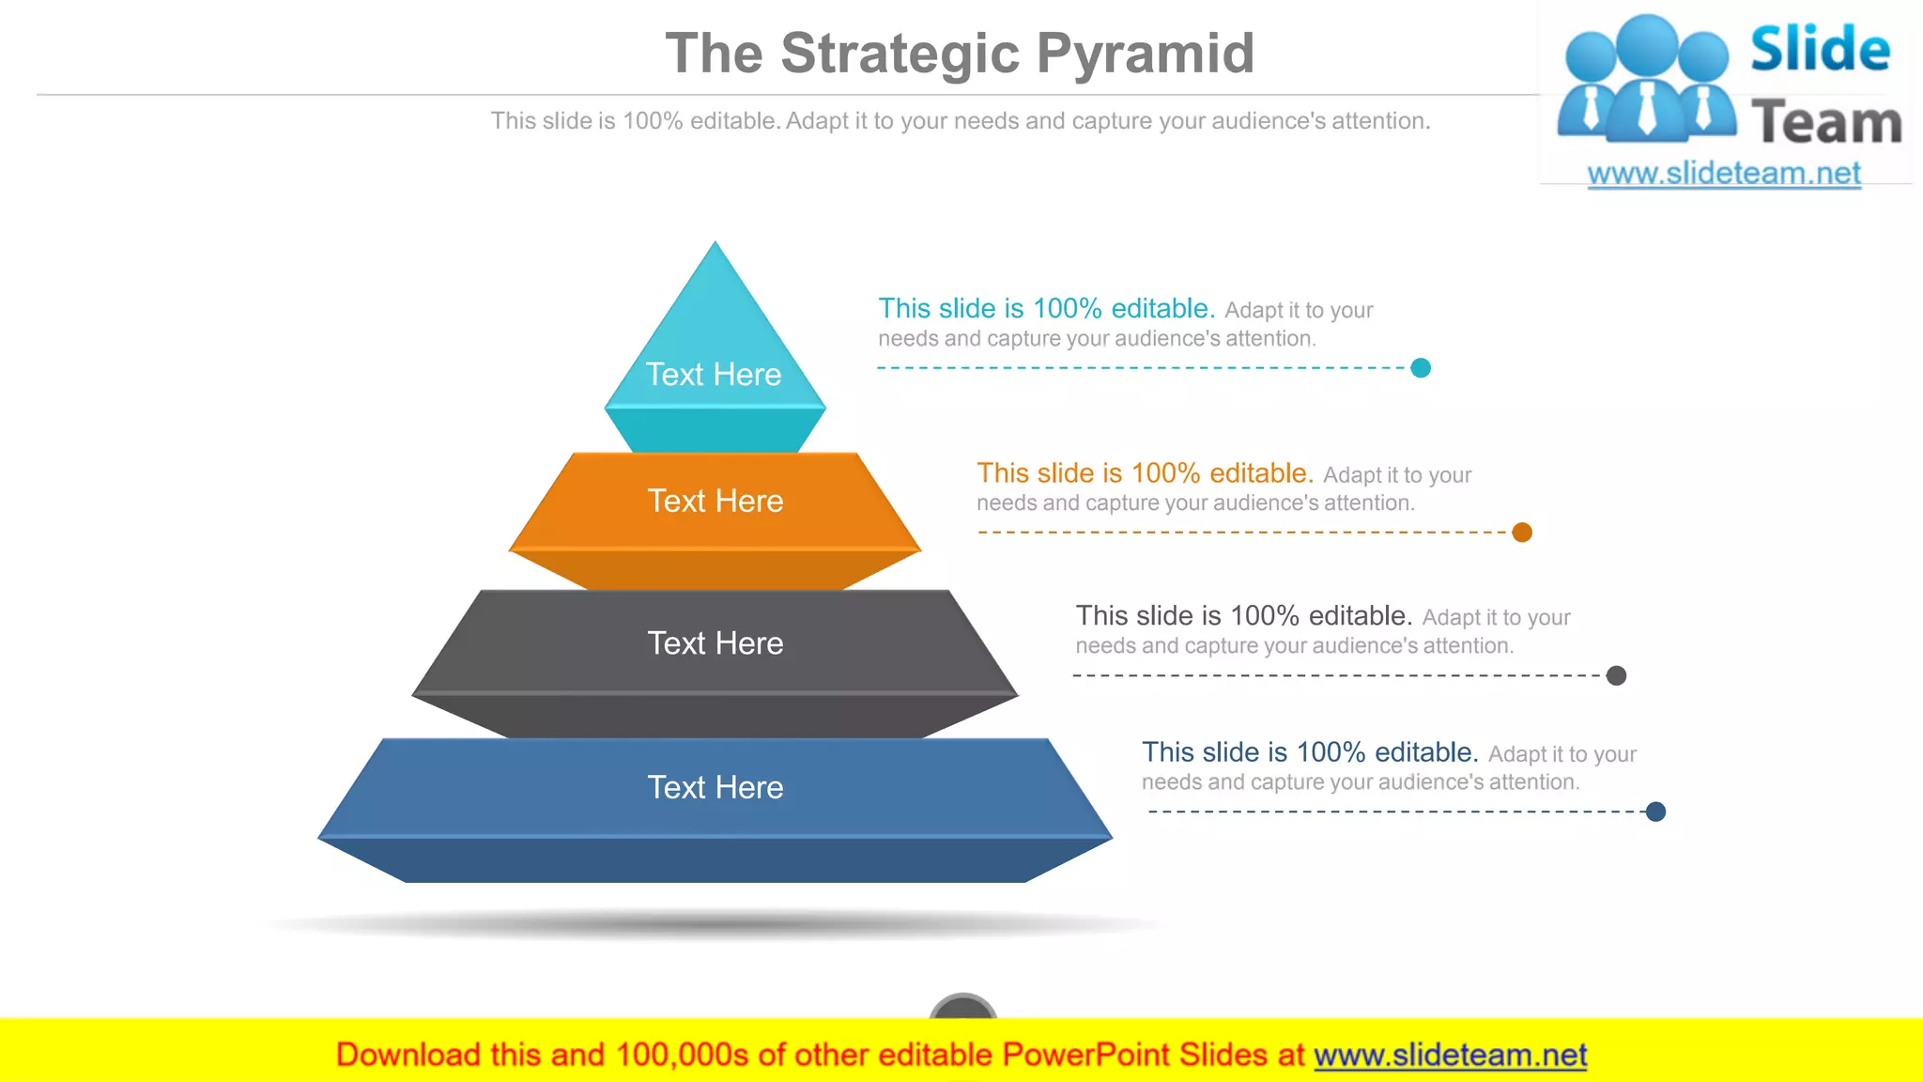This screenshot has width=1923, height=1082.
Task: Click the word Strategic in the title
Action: coord(900,54)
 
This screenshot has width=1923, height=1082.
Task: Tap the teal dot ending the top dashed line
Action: coord(1421,368)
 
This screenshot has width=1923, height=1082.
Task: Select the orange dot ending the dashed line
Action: coord(1522,533)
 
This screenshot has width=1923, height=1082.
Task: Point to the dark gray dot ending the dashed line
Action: coord(1616,675)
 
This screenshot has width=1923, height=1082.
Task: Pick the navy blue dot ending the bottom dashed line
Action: coord(1655,811)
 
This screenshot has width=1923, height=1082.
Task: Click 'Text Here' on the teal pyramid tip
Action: coord(714,375)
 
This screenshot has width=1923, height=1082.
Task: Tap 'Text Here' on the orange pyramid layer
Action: coord(715,502)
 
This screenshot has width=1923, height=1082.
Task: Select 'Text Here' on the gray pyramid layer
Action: coord(715,643)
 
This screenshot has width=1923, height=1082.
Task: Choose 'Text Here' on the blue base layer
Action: coord(715,787)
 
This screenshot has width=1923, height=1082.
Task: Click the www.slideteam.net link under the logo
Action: coord(1723,174)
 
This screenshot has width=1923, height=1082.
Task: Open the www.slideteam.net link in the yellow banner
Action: coord(1450,1055)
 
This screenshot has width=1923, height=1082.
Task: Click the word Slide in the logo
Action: coord(1819,50)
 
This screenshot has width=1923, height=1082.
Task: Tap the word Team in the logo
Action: coord(1826,123)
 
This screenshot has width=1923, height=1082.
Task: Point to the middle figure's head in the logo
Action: coord(1648,43)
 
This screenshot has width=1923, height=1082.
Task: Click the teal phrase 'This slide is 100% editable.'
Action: coord(1046,308)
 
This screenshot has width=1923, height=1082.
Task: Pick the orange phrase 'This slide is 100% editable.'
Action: coord(1145,472)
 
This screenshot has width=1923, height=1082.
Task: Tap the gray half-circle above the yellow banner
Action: coord(962,1007)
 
